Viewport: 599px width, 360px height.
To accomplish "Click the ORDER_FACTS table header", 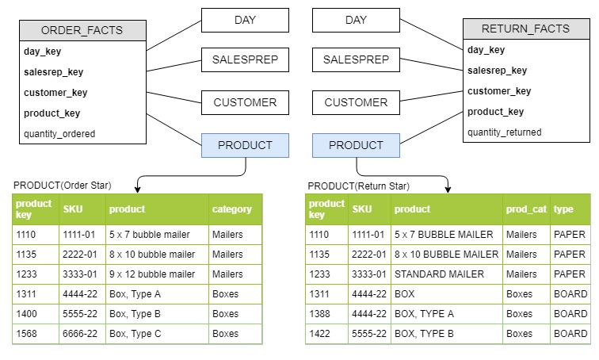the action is click(x=82, y=31).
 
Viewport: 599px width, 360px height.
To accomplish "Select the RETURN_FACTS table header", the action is click(x=526, y=29).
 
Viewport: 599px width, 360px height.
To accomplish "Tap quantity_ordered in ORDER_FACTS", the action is click(x=59, y=134).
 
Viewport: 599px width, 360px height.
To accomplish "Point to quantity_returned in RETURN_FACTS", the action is click(x=504, y=132).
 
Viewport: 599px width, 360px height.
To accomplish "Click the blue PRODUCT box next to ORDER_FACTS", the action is click(x=245, y=145).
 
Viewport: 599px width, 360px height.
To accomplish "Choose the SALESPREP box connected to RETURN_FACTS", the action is click(x=356, y=59).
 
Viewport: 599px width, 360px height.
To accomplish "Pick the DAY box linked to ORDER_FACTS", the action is click(x=245, y=21).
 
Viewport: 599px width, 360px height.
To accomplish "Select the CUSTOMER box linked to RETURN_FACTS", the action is click(x=356, y=102).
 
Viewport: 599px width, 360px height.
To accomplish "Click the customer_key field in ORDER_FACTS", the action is click(x=55, y=93).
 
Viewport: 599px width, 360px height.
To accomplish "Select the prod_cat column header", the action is click(x=526, y=209).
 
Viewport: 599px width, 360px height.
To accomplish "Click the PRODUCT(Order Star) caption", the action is click(x=63, y=186).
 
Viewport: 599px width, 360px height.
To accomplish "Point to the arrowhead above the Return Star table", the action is click(x=448, y=190).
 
